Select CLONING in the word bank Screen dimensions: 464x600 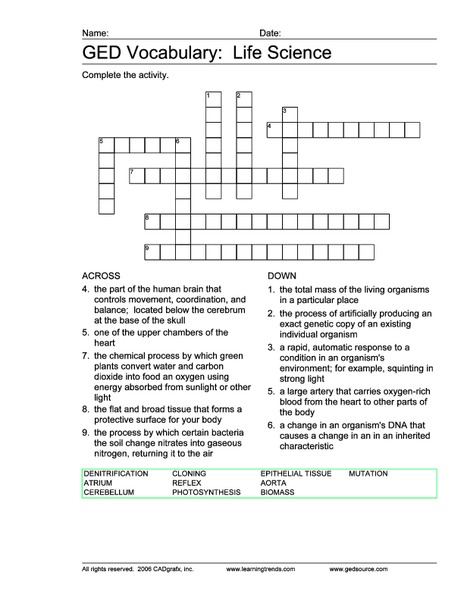point(189,472)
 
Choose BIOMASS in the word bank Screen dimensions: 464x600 point(278,492)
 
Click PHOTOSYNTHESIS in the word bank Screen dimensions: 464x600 point(206,492)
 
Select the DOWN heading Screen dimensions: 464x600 point(283,275)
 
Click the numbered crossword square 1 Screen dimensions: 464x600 point(213,98)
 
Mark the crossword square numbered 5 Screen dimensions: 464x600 point(106,145)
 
